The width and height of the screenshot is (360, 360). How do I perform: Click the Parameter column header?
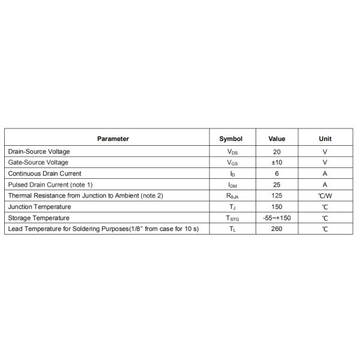(113, 139)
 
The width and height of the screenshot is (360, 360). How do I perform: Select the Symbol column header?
(231, 139)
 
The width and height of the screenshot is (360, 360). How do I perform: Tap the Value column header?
(277, 139)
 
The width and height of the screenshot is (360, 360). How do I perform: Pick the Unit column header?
(325, 139)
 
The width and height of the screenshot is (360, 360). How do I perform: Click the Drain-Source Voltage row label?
(39, 152)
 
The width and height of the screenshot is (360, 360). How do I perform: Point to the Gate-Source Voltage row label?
(38, 163)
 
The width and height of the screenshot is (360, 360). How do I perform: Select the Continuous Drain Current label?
(45, 173)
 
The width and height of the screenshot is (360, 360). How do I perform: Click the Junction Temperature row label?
(40, 207)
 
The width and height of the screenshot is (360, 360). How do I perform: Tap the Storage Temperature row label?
(39, 218)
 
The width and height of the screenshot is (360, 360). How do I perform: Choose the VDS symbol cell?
(232, 152)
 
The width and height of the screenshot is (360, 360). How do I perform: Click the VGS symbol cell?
(232, 163)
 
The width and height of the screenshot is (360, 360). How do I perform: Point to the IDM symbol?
(232, 185)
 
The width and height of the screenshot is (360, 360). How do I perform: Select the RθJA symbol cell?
(232, 196)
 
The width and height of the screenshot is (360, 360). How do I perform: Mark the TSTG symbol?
(232, 218)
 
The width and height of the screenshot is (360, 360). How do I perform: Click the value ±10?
(277, 163)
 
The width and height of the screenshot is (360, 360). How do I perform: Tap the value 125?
(277, 196)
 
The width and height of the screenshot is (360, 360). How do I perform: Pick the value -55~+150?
(277, 218)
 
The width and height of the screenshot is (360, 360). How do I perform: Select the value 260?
(277, 229)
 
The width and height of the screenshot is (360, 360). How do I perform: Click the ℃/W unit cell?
(325, 196)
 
